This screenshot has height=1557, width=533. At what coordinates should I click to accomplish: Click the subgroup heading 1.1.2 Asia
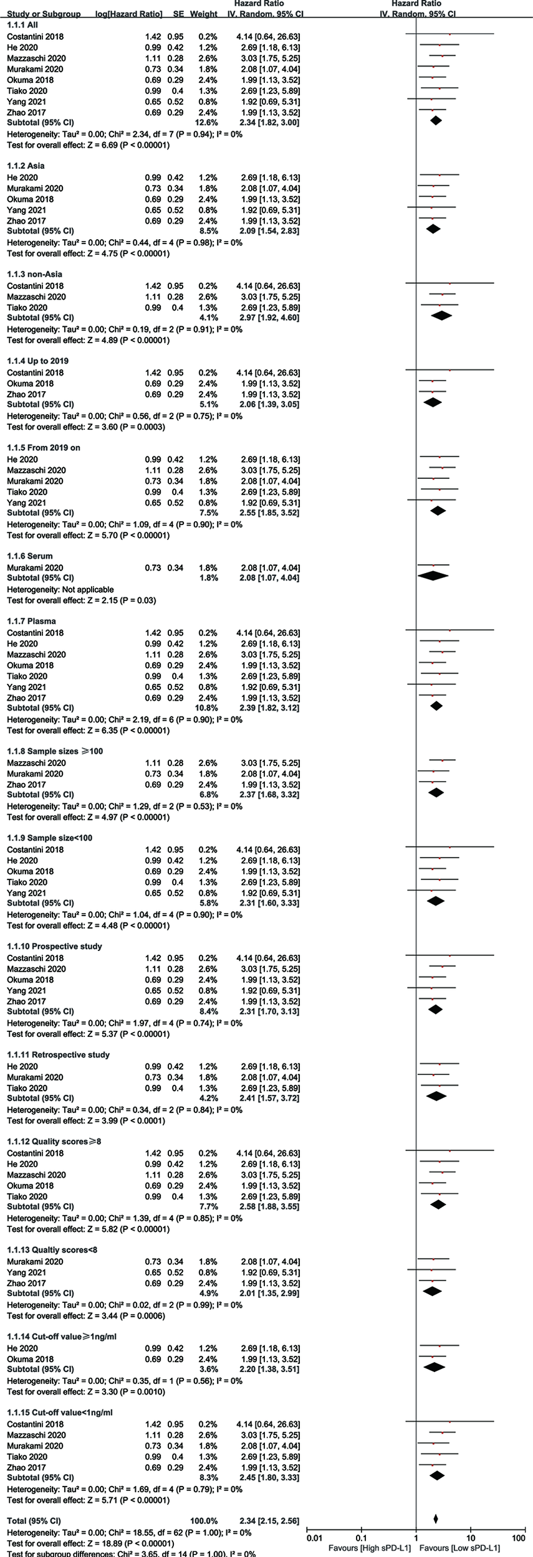click(x=26, y=166)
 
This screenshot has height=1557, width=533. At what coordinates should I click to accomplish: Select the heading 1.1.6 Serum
click(x=30, y=556)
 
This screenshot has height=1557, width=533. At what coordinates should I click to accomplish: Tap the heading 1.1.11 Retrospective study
click(x=58, y=1054)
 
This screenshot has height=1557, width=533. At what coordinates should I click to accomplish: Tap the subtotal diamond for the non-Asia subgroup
click(x=441, y=316)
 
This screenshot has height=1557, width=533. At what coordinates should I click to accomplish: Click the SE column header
click(x=178, y=14)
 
